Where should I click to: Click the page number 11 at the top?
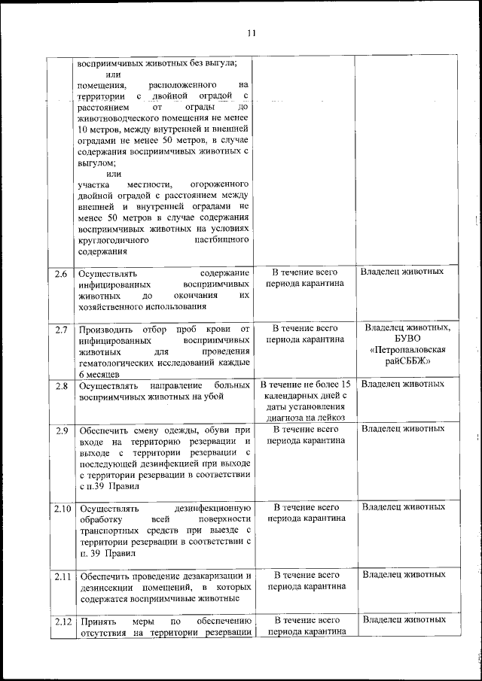(x=252, y=32)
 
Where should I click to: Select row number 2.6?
(x=62, y=272)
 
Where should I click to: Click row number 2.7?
(x=62, y=330)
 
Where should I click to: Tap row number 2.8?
(x=62, y=386)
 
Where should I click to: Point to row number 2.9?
(x=62, y=430)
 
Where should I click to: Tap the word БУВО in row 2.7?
(x=407, y=339)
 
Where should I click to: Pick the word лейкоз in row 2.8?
(x=331, y=418)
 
